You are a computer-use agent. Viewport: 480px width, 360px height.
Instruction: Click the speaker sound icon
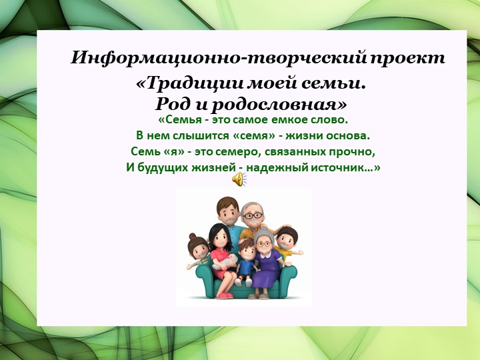coord(239,179)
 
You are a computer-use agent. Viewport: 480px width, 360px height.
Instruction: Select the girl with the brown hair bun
coord(197,250)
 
